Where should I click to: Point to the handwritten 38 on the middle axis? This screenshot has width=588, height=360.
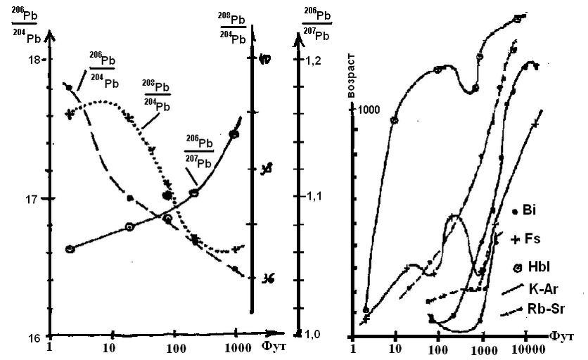click(x=267, y=169)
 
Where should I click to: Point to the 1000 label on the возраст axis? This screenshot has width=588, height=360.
click(x=369, y=110)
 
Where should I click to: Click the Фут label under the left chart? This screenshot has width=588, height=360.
click(x=271, y=346)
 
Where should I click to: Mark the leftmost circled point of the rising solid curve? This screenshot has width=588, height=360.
click(x=70, y=249)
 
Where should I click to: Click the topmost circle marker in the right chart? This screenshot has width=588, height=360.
click(x=518, y=19)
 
